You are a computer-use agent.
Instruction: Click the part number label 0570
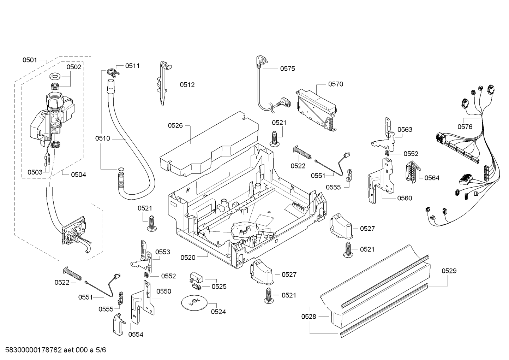tap(335, 84)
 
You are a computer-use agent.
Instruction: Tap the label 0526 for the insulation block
tap(175, 125)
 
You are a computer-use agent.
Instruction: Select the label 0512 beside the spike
tap(187, 85)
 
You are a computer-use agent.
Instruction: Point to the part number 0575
tap(287, 69)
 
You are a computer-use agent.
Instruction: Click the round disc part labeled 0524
tap(194, 303)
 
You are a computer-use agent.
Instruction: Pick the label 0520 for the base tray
tap(188, 258)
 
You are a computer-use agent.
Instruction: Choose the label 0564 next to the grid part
tap(432, 178)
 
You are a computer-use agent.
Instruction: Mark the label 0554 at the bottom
tap(136, 334)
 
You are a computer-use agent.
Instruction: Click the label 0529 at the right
tap(449, 271)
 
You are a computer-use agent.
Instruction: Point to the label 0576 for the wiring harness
tap(465, 127)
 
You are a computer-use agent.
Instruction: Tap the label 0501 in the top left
tap(30, 60)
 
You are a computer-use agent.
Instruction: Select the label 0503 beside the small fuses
tap(35, 172)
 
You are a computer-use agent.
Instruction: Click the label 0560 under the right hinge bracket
tap(405, 198)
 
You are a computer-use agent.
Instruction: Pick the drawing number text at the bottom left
tap(56, 350)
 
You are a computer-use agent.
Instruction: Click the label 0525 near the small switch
tap(219, 287)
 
